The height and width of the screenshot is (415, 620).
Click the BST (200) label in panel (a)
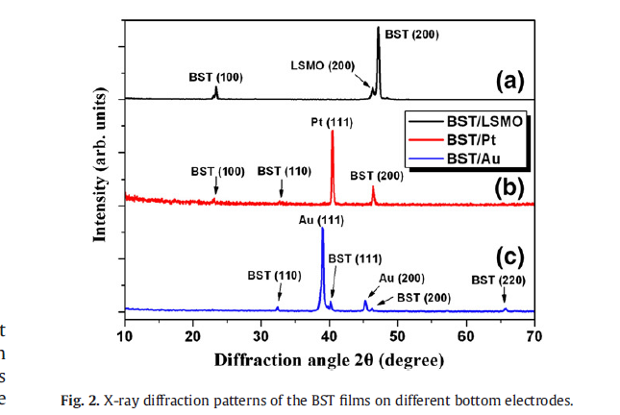(411, 34)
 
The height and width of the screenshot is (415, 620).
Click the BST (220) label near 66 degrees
(498, 281)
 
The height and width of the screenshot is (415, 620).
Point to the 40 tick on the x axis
(330, 334)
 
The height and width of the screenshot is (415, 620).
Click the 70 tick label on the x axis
(534, 334)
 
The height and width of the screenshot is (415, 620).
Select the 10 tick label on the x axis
(125, 334)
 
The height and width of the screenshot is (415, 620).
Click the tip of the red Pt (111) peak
(332, 132)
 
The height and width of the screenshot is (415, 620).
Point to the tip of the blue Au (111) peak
(321, 229)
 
